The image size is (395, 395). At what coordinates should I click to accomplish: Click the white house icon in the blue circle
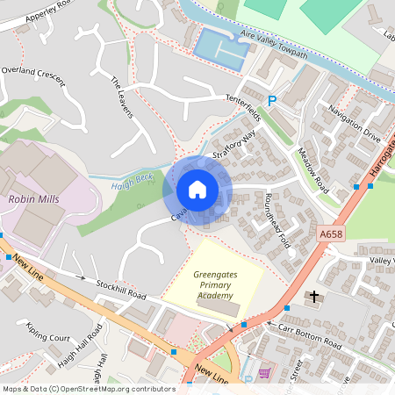[197, 190]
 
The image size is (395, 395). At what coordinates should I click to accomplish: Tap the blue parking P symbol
[271, 103]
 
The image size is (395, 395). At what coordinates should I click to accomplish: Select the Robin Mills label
[33, 199]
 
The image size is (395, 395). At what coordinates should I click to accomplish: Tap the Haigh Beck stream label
[132, 178]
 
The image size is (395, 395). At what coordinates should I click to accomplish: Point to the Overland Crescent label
[33, 75]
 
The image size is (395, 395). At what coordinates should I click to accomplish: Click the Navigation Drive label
[354, 125]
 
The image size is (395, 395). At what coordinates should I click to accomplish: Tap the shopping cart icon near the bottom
[264, 374]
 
